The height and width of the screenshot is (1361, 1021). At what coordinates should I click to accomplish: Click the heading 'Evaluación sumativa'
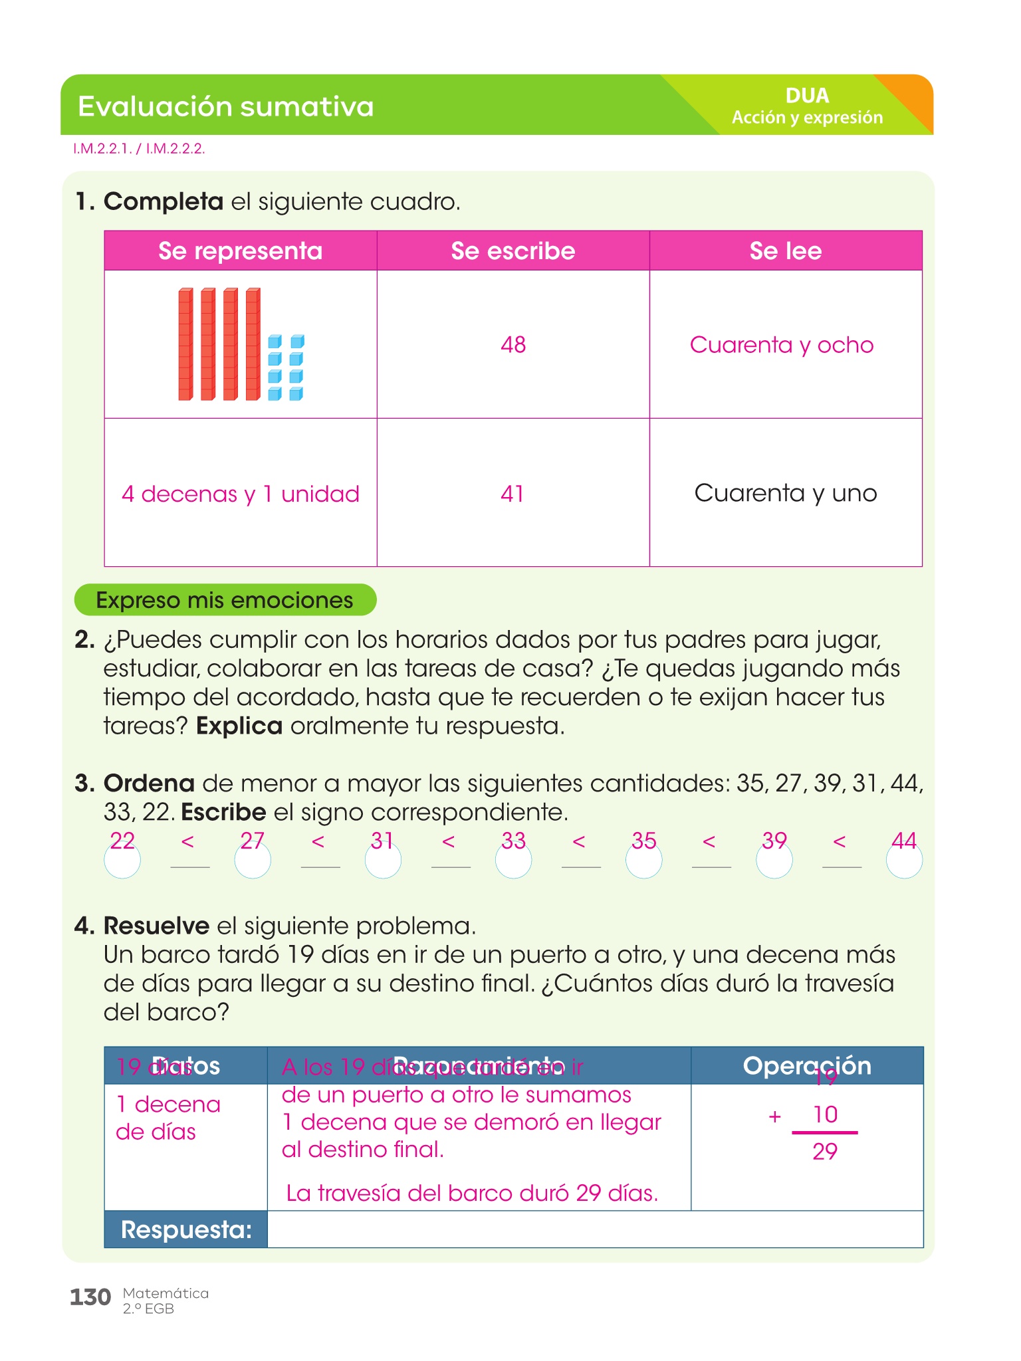225,106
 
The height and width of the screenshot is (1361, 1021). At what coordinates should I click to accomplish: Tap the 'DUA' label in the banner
807,96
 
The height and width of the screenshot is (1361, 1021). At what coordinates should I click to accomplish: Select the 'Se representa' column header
240,251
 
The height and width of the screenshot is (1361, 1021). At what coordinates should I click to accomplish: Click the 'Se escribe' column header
512,251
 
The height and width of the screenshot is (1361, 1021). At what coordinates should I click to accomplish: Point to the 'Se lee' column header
785,251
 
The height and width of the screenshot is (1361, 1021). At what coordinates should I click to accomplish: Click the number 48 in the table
513,344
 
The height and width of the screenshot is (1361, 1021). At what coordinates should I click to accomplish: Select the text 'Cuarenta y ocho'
781,344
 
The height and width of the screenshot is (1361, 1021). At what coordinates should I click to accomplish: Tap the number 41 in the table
512,493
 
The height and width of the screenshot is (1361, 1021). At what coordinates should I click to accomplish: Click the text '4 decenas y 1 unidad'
240,494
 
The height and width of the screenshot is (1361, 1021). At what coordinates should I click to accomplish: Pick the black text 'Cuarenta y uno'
785,493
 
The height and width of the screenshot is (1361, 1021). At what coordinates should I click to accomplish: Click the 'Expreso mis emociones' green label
225,600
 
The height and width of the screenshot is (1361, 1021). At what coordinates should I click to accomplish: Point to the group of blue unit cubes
286,367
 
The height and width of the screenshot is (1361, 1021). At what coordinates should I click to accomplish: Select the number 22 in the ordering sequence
122,841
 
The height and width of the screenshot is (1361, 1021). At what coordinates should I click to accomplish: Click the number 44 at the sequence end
904,841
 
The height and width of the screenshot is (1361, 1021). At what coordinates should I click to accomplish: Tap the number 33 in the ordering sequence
513,841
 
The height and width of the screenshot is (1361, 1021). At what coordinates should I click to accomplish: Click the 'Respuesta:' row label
186,1229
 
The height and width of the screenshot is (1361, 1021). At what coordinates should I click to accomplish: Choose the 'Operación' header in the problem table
807,1065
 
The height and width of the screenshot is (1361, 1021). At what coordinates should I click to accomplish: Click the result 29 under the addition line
825,1151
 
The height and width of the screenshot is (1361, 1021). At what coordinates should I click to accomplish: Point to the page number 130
90,1297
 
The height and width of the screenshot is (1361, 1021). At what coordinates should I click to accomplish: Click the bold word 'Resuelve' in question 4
157,925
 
